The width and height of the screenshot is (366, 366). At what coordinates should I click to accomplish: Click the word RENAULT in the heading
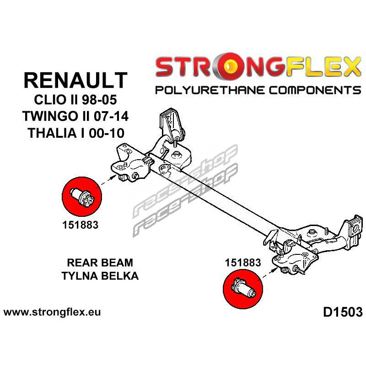coord(75,80)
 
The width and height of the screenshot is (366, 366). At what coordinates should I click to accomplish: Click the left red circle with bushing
coord(81,198)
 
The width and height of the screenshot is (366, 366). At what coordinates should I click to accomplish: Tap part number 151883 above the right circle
coord(242,263)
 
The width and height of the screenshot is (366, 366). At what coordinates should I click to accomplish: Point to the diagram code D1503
coord(343,312)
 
